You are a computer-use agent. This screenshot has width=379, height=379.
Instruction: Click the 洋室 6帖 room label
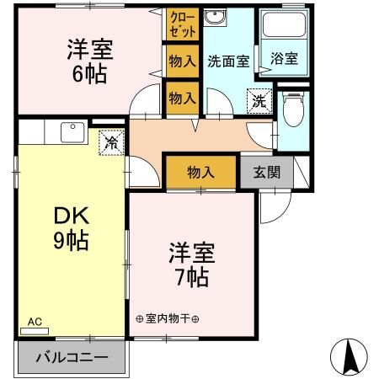[x=89, y=61]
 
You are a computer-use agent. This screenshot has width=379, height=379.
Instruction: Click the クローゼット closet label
[x=182, y=24]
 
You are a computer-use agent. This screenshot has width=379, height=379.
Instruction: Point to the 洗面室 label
[x=227, y=61]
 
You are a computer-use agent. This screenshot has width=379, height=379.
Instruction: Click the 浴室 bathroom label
[x=285, y=59]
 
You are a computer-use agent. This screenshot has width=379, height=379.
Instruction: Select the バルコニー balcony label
[x=72, y=357]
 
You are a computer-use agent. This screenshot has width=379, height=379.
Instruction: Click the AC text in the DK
[x=35, y=321]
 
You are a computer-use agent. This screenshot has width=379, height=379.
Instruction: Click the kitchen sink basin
[x=69, y=132]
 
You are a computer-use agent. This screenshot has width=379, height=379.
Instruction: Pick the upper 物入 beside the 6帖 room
[x=182, y=60]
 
